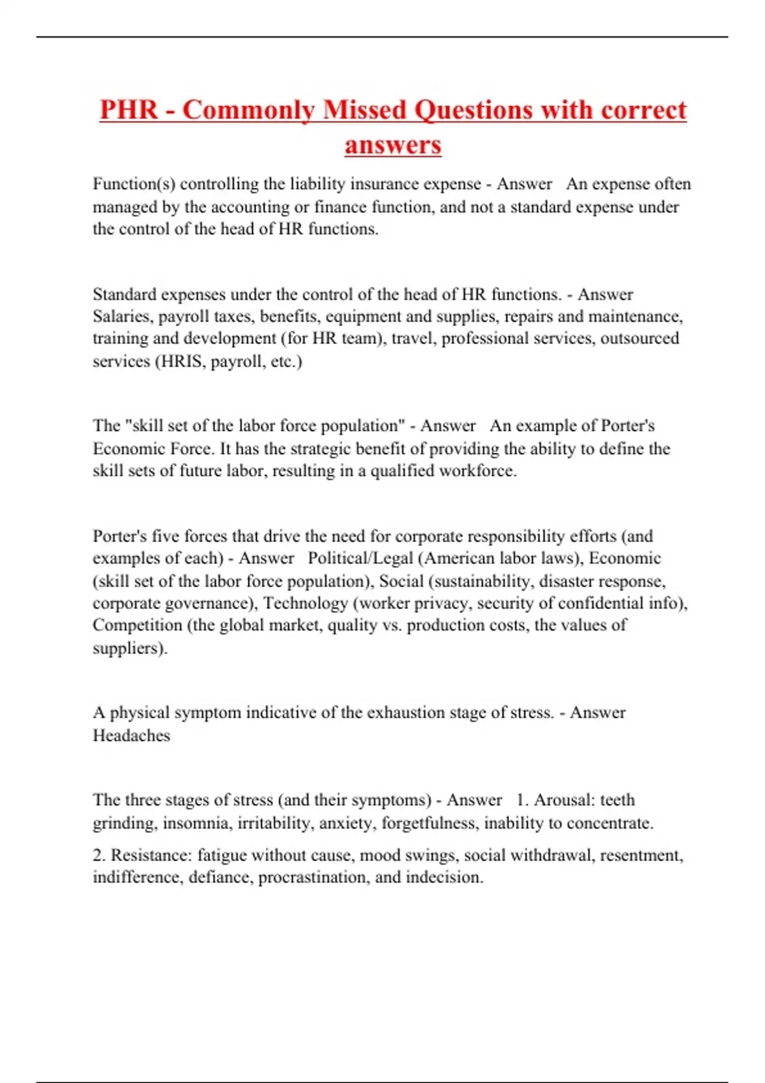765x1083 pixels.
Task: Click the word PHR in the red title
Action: (x=128, y=110)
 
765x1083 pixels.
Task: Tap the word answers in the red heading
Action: (x=393, y=145)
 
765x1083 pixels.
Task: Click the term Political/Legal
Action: (x=361, y=559)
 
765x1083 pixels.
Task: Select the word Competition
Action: (x=138, y=626)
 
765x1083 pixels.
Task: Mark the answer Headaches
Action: (x=131, y=736)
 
